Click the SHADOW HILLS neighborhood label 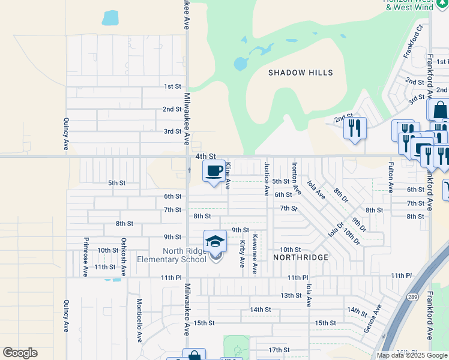300,73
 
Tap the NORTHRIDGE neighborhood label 301,257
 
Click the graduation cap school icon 215,241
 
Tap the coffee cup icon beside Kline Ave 214,172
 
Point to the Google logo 20,353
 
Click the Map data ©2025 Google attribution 412,355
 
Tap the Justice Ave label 266,178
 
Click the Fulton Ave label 391,177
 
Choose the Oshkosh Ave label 124,257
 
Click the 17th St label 279,350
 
